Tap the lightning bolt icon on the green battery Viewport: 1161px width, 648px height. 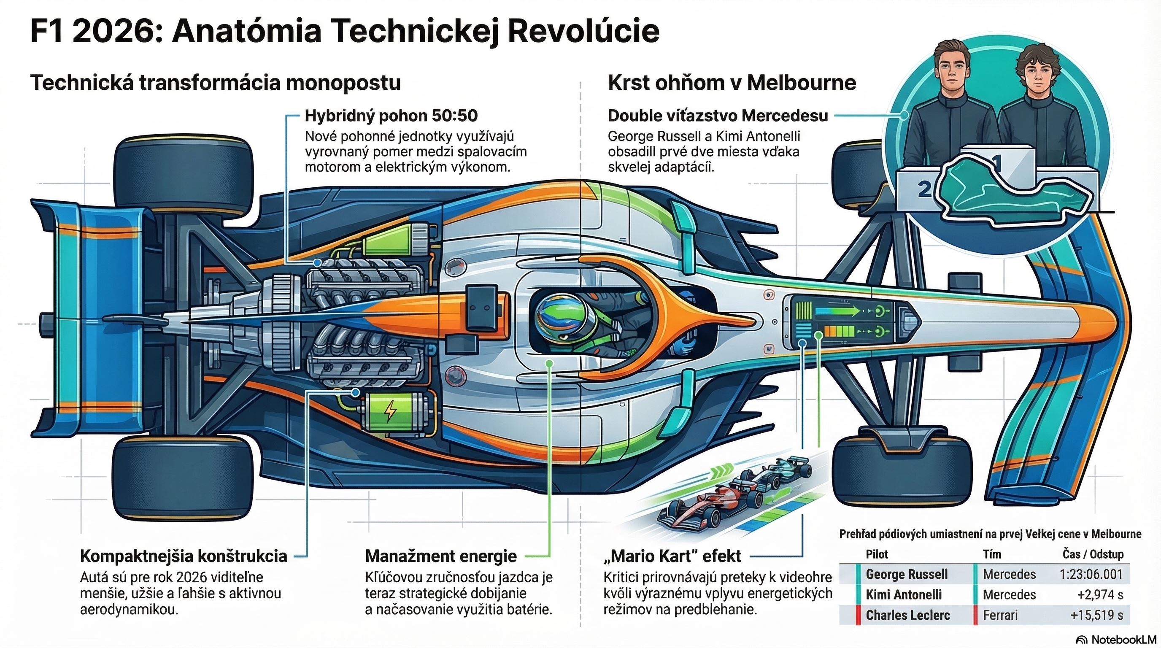tap(390, 410)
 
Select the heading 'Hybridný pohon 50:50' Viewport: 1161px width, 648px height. tap(391, 116)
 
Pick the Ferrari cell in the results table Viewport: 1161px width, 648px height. tap(1000, 615)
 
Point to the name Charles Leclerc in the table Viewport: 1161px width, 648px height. tap(908, 615)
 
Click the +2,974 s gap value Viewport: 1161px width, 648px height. tap(1100, 595)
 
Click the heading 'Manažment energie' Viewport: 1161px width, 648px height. tap(440, 556)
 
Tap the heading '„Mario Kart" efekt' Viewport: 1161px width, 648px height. tap(672, 556)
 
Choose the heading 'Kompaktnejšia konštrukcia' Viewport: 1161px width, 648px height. tap(184, 556)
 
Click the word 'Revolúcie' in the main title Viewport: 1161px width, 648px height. tap(583, 32)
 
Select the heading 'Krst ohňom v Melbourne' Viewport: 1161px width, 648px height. tap(732, 83)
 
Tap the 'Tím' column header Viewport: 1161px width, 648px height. tap(992, 554)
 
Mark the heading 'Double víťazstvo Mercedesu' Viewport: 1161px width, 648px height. tap(718, 116)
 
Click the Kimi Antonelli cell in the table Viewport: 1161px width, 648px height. tap(904, 595)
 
